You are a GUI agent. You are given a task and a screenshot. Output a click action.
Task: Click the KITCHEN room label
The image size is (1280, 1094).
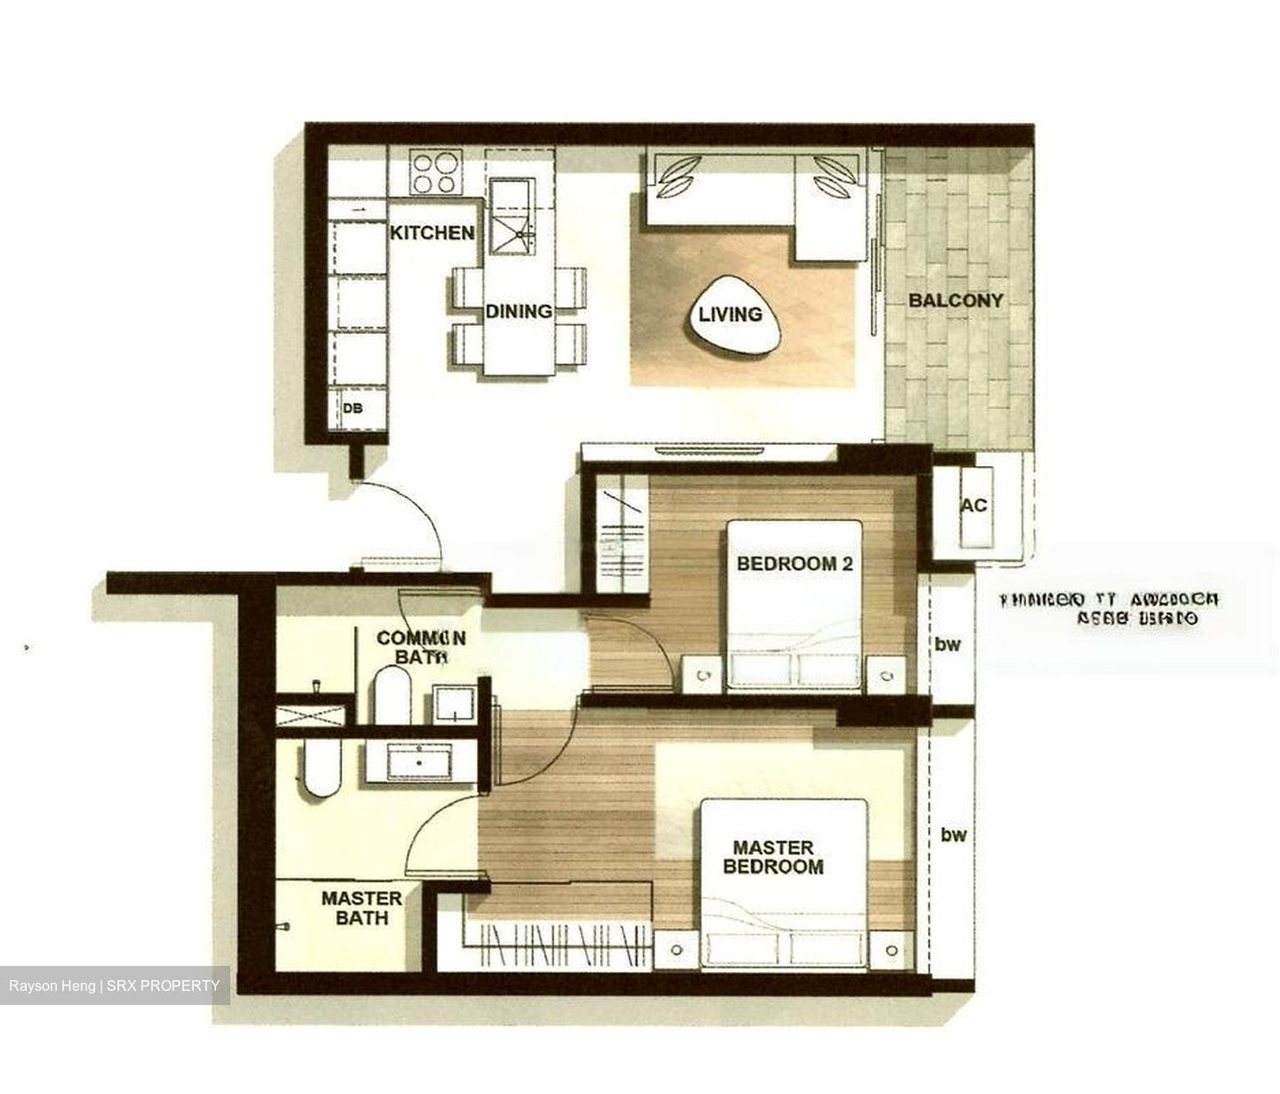coord(432,233)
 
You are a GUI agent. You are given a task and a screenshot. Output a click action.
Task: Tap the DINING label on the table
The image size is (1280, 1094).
coord(518,311)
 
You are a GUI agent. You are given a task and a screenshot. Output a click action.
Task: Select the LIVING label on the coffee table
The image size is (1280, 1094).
coord(730,314)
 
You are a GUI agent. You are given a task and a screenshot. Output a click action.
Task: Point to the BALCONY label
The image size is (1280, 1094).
coord(955,301)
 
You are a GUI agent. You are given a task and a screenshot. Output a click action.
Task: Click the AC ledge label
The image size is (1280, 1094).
coord(973,505)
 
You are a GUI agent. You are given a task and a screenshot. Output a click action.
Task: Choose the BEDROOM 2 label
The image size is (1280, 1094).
coord(787,564)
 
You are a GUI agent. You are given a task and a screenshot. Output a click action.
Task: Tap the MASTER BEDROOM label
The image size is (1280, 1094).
coord(772,857)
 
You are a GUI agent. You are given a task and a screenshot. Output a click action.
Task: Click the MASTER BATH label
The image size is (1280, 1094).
coord(361,907)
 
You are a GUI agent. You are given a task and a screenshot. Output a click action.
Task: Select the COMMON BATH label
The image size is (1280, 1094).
coord(420,648)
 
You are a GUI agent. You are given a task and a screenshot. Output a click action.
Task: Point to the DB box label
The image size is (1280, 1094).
coord(353,408)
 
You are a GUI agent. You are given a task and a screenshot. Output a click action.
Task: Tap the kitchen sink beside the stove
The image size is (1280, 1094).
coord(512,219)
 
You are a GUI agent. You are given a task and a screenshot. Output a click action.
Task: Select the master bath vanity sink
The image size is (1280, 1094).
coord(420,762)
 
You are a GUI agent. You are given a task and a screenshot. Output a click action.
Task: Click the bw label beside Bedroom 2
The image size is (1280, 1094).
coord(948,644)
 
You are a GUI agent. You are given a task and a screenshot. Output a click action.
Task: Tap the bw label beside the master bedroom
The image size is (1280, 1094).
coord(953,834)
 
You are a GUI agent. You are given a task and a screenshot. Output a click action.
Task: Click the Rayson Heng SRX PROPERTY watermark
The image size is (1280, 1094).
coord(115,985)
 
